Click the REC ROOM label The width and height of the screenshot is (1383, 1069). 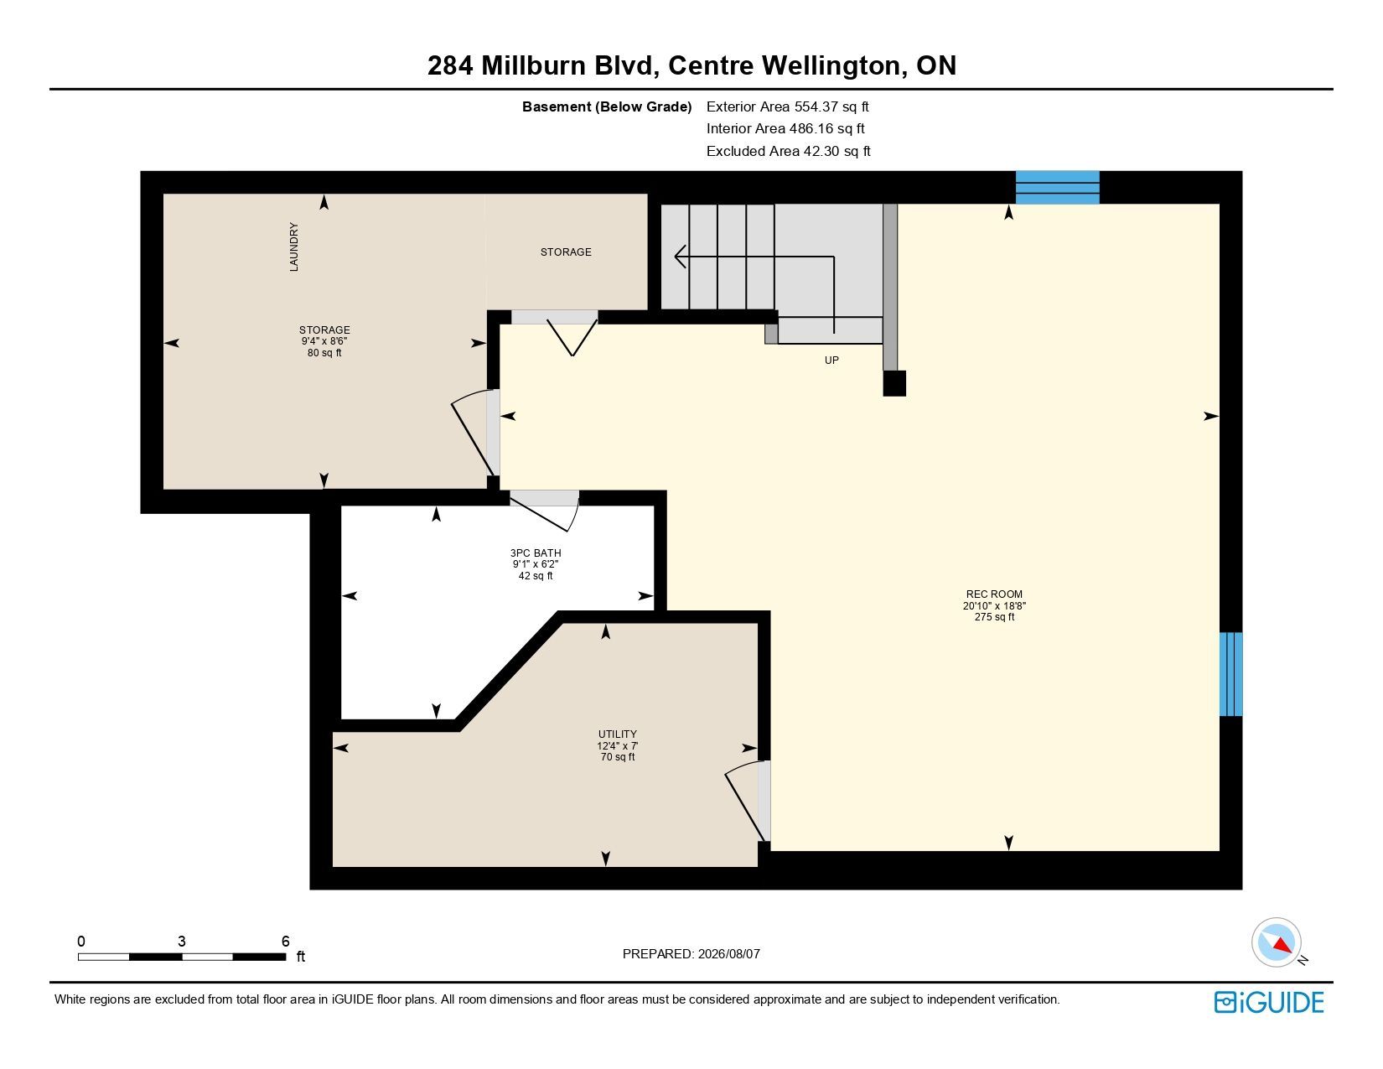pos(993,594)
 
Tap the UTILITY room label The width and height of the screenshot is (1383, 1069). pos(618,734)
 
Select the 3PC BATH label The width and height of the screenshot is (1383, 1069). pos(536,553)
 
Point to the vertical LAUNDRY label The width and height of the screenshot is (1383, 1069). pos(293,246)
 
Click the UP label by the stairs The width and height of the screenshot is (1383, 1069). pos(831,361)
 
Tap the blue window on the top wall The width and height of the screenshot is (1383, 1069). pos(1057,187)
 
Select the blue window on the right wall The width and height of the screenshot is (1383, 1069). pos(1230,674)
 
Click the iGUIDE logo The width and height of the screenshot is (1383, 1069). pos(1269,1002)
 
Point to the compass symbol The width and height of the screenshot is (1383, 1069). pos(1276,942)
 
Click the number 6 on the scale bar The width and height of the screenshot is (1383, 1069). pos(285,941)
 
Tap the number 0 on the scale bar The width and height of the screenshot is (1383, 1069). pos(80,941)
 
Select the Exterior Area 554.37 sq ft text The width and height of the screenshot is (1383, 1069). pos(787,106)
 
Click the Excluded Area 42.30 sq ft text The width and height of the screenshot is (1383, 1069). pos(788,151)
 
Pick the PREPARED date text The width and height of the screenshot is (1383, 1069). pos(691,954)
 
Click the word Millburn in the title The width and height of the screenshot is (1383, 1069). pos(533,65)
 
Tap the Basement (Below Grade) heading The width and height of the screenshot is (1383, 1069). pos(607,107)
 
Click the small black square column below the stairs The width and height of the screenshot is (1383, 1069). pos(894,383)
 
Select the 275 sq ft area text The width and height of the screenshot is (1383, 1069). pos(994,616)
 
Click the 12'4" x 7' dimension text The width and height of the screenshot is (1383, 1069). pos(618,745)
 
